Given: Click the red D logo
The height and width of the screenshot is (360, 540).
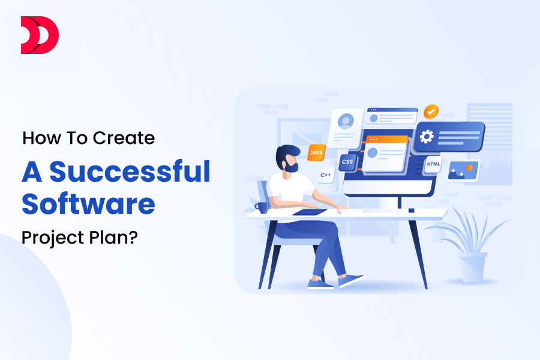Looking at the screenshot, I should (40, 35).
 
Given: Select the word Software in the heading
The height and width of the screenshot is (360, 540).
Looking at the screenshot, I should (88, 205).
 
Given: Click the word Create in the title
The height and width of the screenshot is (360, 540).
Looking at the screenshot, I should (124, 138).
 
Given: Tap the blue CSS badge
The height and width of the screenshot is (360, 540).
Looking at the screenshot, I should (347, 161).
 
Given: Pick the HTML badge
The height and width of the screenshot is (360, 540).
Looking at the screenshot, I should (433, 164).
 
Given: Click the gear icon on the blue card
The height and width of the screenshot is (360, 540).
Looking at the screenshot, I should (427, 137).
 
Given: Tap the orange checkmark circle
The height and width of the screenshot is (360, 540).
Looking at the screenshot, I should (431, 112).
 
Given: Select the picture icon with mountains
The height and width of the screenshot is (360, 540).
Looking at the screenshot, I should (463, 170).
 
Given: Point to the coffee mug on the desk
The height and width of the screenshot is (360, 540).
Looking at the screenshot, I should (262, 207).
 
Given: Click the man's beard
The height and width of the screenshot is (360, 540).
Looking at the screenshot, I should (291, 167).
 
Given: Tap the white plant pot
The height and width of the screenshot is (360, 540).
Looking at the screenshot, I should (472, 267).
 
